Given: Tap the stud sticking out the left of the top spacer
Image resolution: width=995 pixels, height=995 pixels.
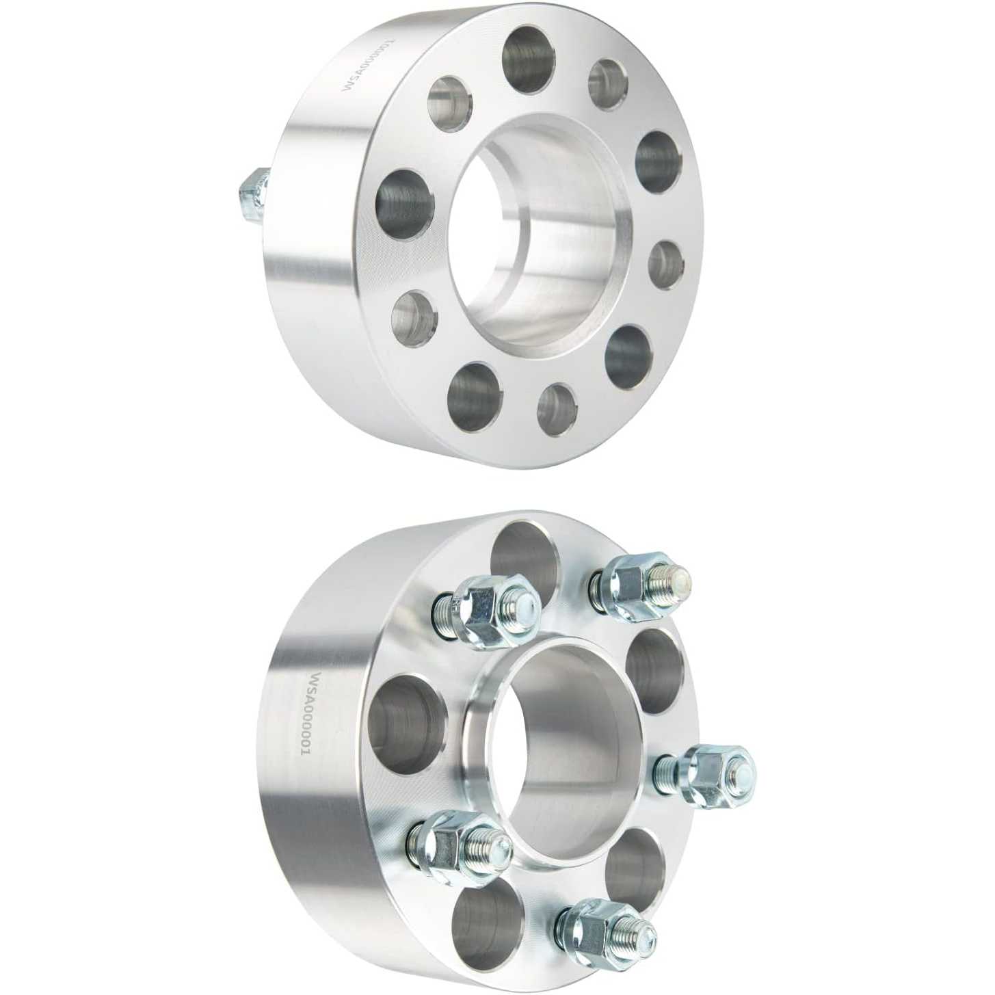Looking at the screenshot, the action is [254, 197].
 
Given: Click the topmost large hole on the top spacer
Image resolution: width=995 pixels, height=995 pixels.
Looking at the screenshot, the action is [530, 59].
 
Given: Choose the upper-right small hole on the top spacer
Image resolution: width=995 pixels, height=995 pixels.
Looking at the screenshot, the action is [611, 85].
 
